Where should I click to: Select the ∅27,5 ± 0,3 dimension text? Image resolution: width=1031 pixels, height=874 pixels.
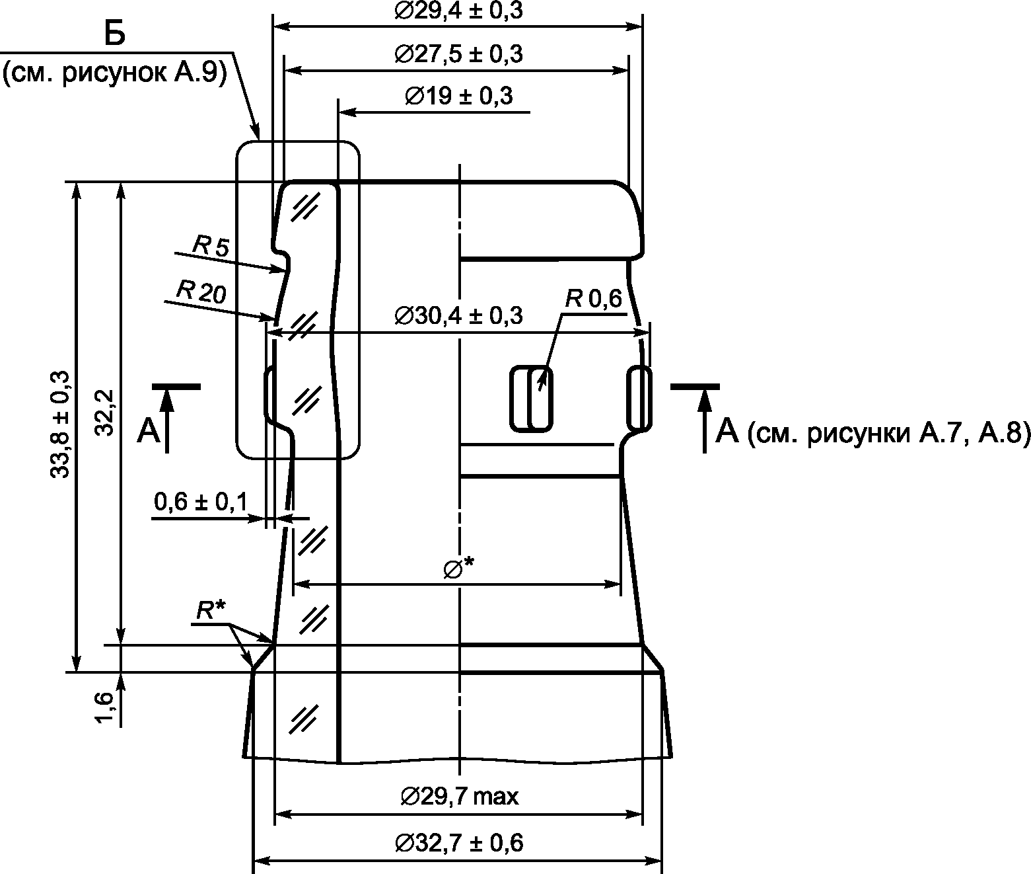click(458, 54)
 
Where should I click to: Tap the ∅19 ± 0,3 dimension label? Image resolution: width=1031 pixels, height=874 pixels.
click(458, 95)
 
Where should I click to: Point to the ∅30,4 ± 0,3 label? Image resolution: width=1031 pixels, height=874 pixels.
click(458, 315)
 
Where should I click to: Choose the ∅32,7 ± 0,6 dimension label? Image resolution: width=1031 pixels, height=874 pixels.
click(459, 843)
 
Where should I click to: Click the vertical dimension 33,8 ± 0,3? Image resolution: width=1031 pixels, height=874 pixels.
click(60, 424)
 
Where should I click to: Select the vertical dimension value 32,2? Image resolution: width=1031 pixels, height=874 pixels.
click(105, 413)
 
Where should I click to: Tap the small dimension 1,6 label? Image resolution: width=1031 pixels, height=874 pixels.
click(105, 707)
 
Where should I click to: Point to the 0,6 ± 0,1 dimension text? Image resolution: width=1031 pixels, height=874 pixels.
click(201, 501)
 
